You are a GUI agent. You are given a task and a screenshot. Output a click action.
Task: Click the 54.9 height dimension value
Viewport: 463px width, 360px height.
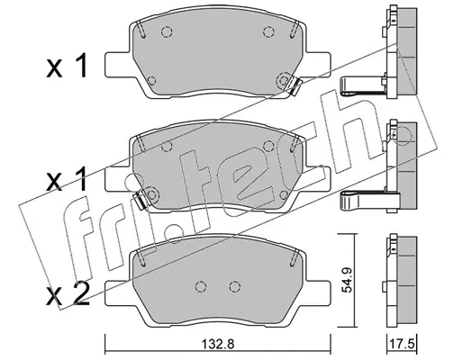(348, 280)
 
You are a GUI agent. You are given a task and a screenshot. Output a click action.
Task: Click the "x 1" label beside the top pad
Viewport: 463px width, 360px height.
(67, 66)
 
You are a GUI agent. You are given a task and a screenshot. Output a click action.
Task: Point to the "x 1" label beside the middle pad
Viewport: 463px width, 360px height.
(67, 179)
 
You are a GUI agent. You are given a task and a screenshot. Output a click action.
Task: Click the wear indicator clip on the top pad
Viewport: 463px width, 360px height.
(295, 86)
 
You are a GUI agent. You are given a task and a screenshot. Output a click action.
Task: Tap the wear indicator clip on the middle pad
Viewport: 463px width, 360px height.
(140, 200)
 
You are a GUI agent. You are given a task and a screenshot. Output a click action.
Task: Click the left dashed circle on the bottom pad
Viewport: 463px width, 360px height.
(200, 286)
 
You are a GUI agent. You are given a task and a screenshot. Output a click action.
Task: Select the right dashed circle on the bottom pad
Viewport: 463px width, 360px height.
(234, 286)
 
